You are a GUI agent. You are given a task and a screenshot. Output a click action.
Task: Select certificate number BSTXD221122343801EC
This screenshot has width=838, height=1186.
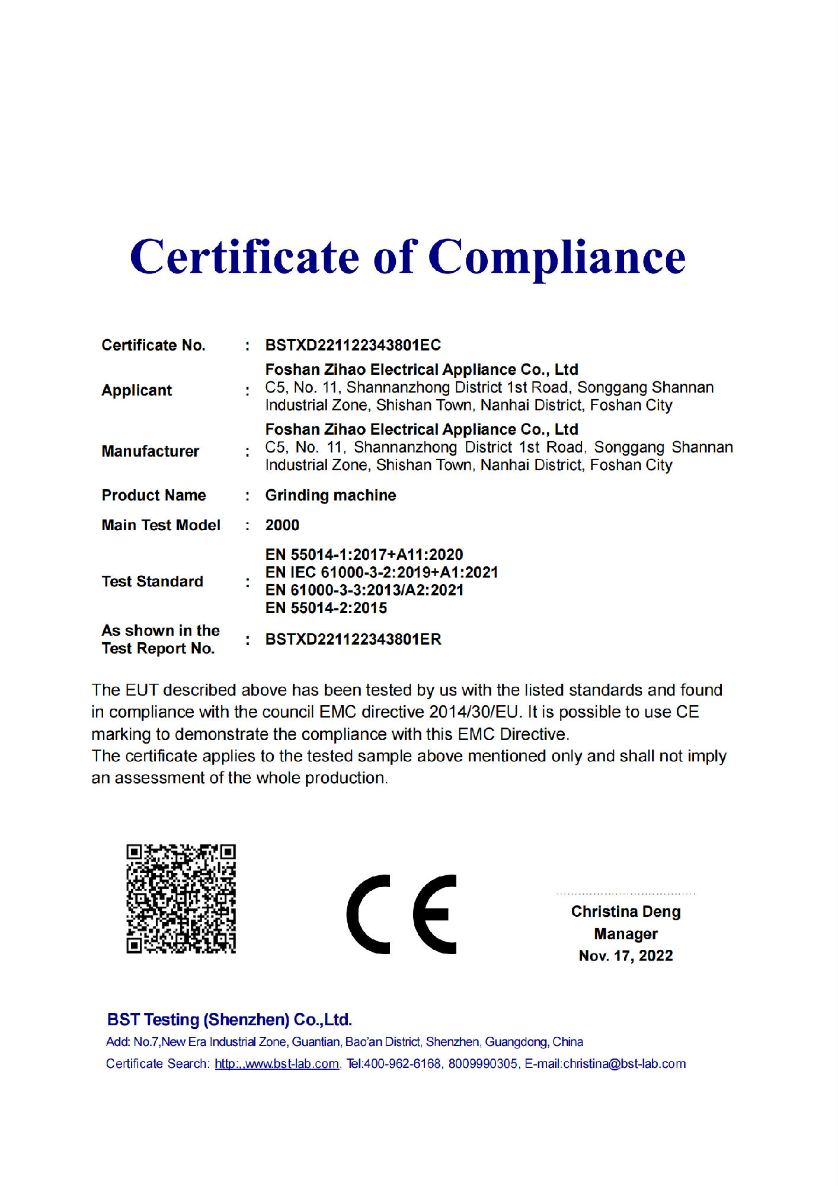[x=353, y=345]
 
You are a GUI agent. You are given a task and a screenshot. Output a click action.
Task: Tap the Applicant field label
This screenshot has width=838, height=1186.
[x=137, y=390]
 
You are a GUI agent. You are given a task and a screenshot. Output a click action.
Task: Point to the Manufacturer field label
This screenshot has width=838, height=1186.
[x=150, y=451]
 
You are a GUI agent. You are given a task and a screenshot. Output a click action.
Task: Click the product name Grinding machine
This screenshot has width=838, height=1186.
[x=330, y=495]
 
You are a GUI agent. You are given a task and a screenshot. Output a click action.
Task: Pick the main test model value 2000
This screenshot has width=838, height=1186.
[x=282, y=525]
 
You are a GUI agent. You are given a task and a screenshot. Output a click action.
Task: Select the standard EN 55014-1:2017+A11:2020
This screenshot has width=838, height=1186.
[x=364, y=554]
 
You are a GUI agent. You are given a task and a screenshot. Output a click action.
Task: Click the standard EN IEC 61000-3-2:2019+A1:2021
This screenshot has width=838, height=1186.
[x=382, y=572]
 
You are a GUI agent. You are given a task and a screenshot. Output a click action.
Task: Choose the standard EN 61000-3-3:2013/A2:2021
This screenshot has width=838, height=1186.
[x=364, y=590]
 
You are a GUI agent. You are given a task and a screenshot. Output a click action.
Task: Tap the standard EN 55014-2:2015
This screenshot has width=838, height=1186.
[x=326, y=608]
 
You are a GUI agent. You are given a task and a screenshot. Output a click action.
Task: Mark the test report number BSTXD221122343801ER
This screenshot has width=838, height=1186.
[x=353, y=639]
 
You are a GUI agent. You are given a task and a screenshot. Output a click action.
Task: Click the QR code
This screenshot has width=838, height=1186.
[x=181, y=898]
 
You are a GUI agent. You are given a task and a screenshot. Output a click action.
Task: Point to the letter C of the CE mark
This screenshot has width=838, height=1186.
[x=369, y=914]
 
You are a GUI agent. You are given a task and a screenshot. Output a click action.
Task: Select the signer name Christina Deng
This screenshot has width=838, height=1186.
[x=626, y=911]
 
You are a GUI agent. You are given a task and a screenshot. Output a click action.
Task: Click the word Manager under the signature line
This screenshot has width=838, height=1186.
[x=626, y=934]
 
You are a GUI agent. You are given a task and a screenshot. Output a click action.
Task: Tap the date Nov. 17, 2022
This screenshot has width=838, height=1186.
[x=626, y=956]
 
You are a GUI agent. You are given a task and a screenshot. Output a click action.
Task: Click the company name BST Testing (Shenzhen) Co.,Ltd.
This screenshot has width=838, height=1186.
[x=229, y=1019]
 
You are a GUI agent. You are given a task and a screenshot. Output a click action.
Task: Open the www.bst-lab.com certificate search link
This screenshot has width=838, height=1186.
[x=277, y=1064]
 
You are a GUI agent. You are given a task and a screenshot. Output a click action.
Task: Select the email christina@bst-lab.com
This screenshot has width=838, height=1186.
[x=624, y=1064]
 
